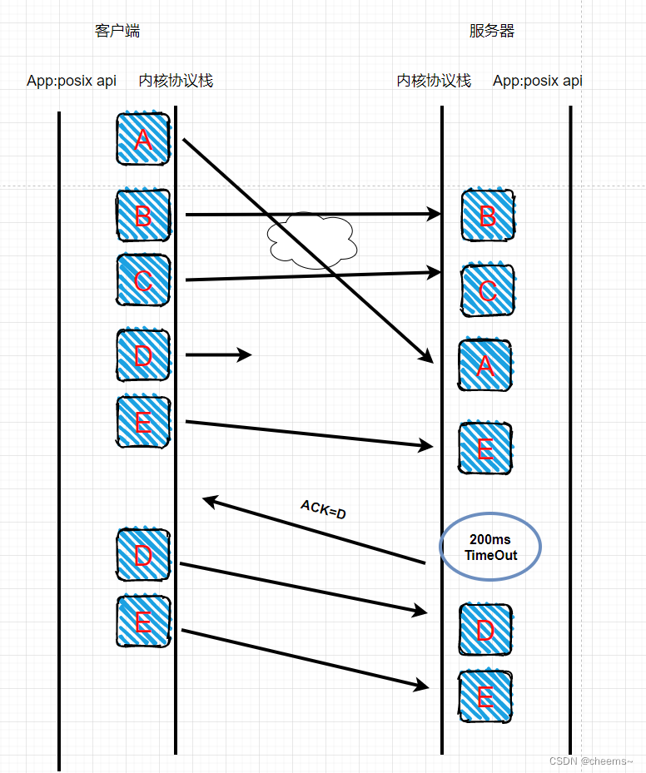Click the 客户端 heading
[x=117, y=32]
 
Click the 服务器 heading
[x=492, y=32]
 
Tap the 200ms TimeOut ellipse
[x=490, y=548]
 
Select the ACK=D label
[x=323, y=510]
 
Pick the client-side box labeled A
[x=143, y=139]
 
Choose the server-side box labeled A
[x=485, y=364]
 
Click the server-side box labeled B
[x=488, y=216]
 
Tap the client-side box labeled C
[x=143, y=280]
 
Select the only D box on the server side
[x=485, y=629]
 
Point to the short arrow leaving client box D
[x=218, y=355]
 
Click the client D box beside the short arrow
[x=143, y=355]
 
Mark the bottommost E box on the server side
[x=485, y=696]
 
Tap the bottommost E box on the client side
[x=143, y=622]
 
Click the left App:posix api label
[x=72, y=81]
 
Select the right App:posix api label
[x=538, y=81]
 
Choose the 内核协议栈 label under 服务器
[x=434, y=81]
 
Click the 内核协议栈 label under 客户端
[x=176, y=81]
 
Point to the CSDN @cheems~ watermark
[x=591, y=761]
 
